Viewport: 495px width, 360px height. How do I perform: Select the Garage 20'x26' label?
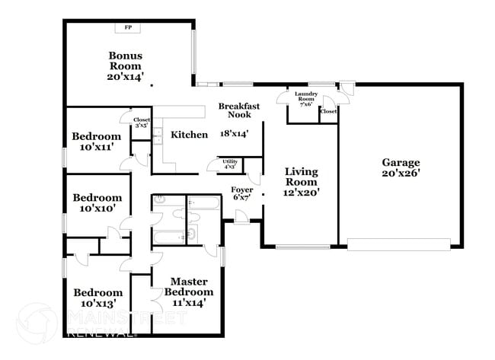[x=401, y=167]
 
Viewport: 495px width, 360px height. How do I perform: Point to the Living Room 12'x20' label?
[x=302, y=182]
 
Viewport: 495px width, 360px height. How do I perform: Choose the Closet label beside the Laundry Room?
[x=329, y=112]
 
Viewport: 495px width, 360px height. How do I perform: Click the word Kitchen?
[x=189, y=135]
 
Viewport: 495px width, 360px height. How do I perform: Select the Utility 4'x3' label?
[x=229, y=164]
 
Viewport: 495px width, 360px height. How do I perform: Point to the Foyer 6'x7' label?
[x=242, y=193]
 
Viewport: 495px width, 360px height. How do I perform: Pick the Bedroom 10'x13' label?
[x=97, y=298]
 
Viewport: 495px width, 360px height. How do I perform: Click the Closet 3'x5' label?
[x=142, y=123]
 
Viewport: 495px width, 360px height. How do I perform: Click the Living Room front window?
[x=302, y=247]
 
